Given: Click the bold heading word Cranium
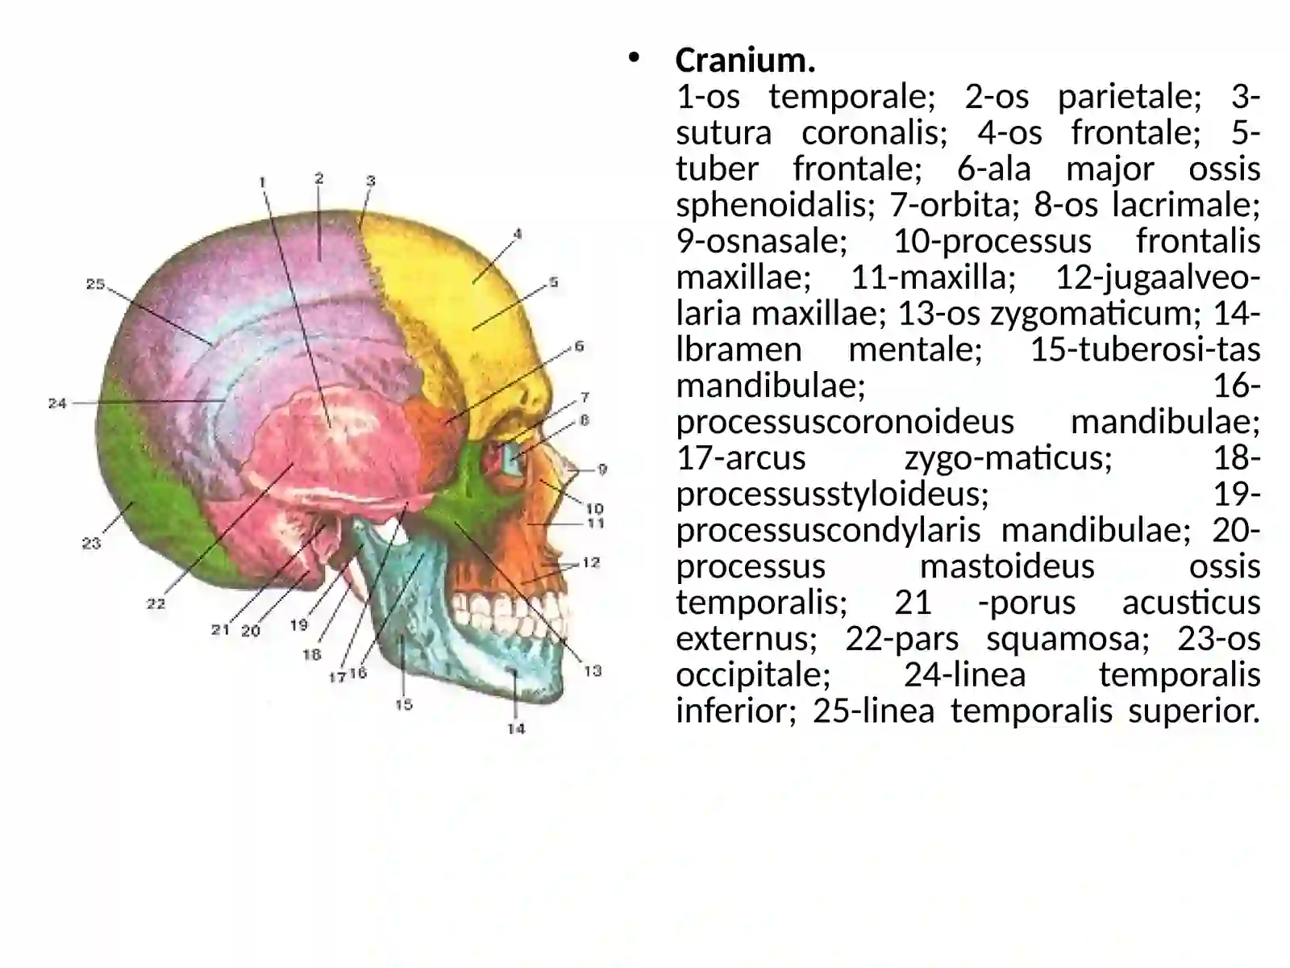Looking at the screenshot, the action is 745,60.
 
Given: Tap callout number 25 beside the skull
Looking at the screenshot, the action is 95,285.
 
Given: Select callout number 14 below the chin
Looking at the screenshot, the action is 516,728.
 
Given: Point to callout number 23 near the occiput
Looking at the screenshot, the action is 91,543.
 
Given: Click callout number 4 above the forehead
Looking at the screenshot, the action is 517,234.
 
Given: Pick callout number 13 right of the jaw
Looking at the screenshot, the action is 593,670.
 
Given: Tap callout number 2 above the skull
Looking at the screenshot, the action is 318,178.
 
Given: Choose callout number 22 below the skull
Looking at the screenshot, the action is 156,603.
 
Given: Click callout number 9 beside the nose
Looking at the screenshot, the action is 602,469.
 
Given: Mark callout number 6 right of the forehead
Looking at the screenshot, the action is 579,346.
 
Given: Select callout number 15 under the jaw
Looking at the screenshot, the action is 404,704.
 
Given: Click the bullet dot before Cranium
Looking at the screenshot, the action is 633,58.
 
